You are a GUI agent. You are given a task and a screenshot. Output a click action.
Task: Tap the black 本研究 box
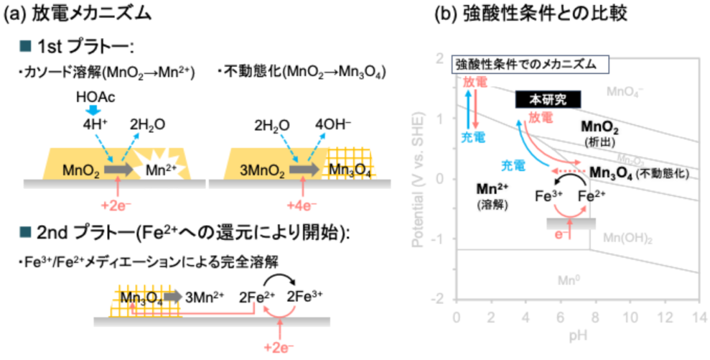point(548,100)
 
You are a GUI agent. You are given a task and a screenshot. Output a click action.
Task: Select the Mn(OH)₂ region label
point(627,238)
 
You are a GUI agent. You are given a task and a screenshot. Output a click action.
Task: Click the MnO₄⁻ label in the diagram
point(625,92)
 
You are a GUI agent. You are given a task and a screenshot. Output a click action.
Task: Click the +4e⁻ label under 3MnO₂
point(303,207)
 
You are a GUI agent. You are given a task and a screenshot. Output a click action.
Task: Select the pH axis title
point(577,335)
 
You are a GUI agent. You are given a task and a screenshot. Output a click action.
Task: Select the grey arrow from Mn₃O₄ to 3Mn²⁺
point(173,297)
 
